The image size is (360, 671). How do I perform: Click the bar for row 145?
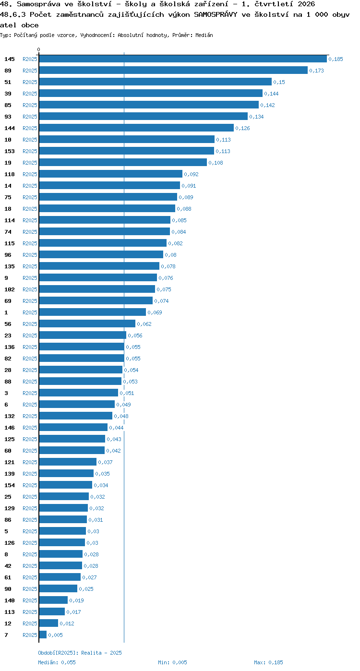(183, 59)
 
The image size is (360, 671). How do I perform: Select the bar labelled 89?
(173, 71)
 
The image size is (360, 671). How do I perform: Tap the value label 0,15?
(279, 82)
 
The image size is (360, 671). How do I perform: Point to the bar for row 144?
(136, 128)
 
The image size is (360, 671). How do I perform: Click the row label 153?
(10, 151)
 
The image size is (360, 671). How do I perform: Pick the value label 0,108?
(216, 163)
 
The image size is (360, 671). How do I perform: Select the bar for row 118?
(110, 174)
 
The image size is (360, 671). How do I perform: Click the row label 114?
(10, 220)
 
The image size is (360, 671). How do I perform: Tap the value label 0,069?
(155, 312)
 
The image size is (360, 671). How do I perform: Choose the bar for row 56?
(87, 324)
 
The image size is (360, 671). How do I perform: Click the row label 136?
(10, 347)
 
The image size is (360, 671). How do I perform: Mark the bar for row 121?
(68, 462)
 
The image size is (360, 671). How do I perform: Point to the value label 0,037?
(105, 462)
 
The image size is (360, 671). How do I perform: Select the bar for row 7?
(43, 635)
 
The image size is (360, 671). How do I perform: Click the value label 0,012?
(67, 623)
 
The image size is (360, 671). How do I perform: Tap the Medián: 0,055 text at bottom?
(57, 662)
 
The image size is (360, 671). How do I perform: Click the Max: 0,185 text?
(268, 662)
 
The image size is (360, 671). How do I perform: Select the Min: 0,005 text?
(172, 662)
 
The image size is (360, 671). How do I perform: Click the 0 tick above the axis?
(38, 49)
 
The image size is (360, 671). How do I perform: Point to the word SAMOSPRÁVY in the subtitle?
(216, 14)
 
